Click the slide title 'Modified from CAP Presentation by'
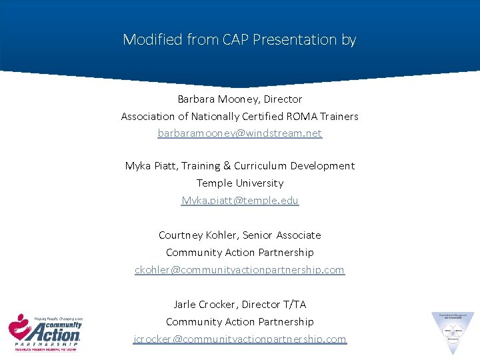[239, 39]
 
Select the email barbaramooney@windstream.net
[239, 133]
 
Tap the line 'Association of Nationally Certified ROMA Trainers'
[239, 117]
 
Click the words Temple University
[239, 183]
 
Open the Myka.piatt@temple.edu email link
[240, 201]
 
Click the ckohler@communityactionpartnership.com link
[239, 270]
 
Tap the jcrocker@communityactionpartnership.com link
[239, 339]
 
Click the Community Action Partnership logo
[45, 331]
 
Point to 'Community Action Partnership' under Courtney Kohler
[239, 253]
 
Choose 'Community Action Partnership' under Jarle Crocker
[239, 322]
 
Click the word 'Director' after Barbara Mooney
[283, 99]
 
